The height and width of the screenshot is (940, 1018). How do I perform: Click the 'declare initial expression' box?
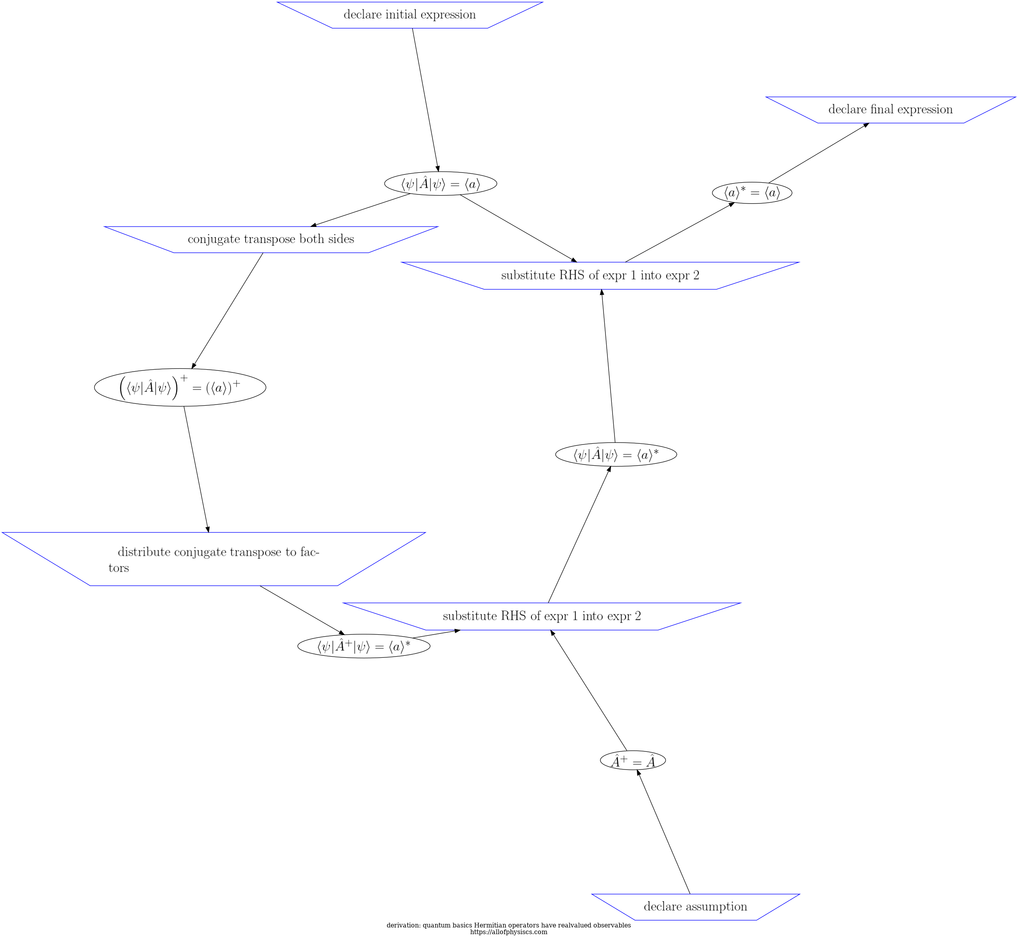pyautogui.click(x=409, y=15)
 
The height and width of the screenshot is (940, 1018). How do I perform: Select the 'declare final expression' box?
pyautogui.click(x=890, y=109)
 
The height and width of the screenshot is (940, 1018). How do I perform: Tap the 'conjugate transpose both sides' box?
pyautogui.click(x=271, y=239)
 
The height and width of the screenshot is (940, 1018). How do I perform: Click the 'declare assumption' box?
pyautogui.click(x=695, y=906)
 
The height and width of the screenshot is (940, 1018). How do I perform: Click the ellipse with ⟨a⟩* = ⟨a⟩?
pyautogui.click(x=751, y=193)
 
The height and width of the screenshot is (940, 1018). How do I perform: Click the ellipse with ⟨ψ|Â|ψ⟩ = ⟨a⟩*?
pyautogui.click(x=616, y=455)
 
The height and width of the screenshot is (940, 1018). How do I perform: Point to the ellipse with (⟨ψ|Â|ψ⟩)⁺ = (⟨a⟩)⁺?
pyautogui.click(x=180, y=388)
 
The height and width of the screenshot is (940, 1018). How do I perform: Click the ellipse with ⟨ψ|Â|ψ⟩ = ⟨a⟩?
pyautogui.click(x=440, y=183)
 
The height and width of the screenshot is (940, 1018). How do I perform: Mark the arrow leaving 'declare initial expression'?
pyautogui.click(x=425, y=99)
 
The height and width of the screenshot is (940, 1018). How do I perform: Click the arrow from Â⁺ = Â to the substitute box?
pyautogui.click(x=589, y=690)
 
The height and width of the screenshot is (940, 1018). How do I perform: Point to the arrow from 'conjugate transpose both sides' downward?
pyautogui.click(x=227, y=310)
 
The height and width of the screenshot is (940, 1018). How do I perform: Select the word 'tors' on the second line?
pyautogui.click(x=118, y=568)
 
